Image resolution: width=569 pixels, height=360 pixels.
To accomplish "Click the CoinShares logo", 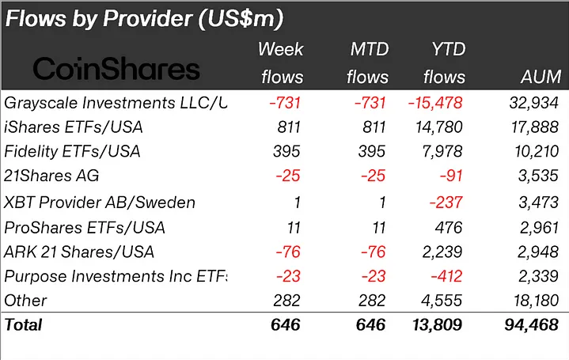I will point(116,69).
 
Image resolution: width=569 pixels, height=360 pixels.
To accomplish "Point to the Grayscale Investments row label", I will point(116,102).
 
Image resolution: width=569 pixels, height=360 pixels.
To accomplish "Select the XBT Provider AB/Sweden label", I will point(100,202).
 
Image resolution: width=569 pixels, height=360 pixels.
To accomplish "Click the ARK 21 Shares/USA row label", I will point(79,252).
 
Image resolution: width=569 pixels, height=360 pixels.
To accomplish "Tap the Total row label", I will point(24,324).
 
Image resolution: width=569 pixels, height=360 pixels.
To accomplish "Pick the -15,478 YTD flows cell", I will point(434,102).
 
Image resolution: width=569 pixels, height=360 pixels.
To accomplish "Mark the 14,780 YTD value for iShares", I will point(438,127).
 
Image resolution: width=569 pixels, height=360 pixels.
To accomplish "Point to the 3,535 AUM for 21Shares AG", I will point(539,176).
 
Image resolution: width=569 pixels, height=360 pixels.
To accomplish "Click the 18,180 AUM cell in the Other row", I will point(536,301).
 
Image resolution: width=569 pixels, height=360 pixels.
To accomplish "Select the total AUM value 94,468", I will point(533,324).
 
